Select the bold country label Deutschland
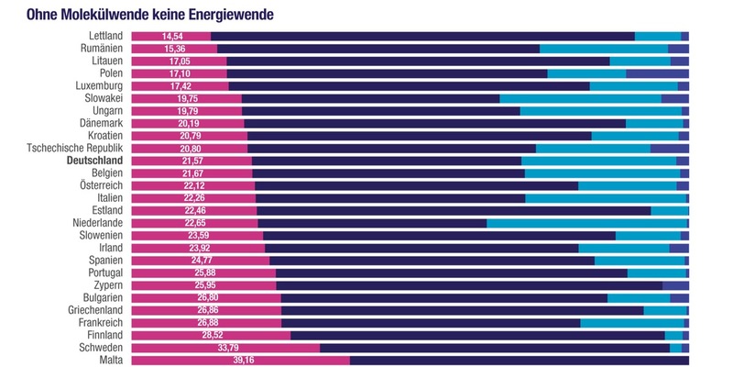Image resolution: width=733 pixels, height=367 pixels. point(95,161)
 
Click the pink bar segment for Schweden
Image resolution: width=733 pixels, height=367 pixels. point(225,348)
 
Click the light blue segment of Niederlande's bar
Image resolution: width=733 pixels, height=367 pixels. point(586,223)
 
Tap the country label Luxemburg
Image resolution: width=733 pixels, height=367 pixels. point(98,85)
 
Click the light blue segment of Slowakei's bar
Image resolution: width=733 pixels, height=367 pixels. point(580,98)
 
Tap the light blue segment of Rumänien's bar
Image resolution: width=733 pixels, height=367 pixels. point(604,49)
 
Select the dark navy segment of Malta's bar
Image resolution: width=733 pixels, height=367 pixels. point(519,361)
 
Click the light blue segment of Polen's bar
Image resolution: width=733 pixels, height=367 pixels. point(586,73)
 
